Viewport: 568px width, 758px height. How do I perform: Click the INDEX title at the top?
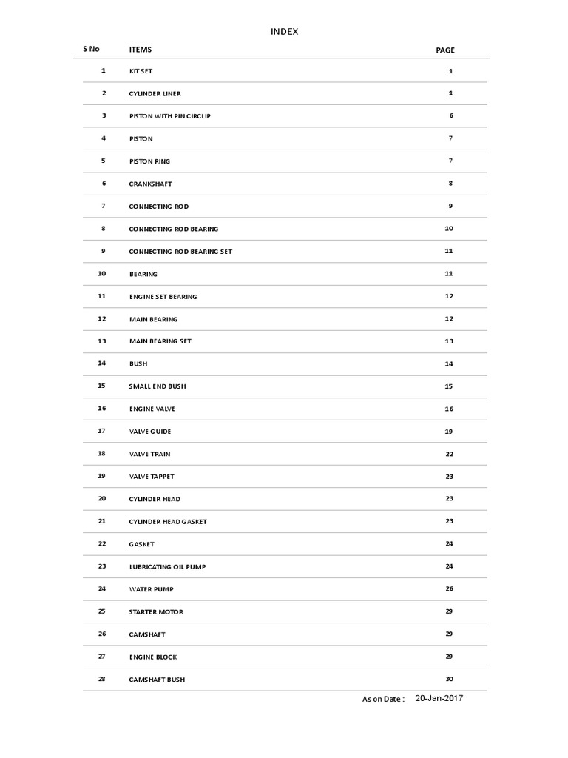click(285, 31)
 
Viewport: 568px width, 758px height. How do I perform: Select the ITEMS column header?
click(141, 50)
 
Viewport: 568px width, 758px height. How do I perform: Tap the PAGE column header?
click(445, 50)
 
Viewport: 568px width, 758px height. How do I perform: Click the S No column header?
click(91, 49)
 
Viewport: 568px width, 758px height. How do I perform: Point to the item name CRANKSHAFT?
click(150, 184)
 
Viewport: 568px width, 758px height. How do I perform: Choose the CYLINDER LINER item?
click(155, 94)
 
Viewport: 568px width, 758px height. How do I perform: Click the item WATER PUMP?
click(152, 589)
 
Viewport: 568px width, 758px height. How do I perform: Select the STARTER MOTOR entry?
click(156, 612)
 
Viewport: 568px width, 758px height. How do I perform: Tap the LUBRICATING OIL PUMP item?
click(167, 567)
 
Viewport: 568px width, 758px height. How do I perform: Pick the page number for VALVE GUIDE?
click(449, 432)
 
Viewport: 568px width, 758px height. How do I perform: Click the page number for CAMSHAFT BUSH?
click(449, 680)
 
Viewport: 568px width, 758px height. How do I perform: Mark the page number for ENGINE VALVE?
click(449, 409)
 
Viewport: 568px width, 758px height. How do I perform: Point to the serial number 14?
click(102, 363)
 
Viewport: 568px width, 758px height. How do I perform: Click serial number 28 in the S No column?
click(102, 679)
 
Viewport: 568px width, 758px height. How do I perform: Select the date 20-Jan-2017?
click(439, 698)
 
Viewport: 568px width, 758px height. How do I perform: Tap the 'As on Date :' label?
click(383, 699)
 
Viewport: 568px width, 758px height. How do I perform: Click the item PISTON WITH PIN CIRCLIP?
click(169, 116)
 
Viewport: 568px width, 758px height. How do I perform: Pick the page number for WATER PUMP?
click(449, 589)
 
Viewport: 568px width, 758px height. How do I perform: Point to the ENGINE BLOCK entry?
click(153, 657)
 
